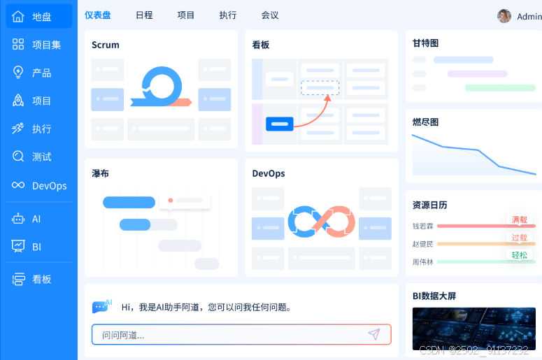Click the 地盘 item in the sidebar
pos(39,17)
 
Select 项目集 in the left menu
pos(39,45)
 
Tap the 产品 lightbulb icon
pos(19,73)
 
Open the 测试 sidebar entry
pos(39,157)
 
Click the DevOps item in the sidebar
pos(39,185)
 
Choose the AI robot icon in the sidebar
pos(19,219)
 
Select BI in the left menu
pos(39,247)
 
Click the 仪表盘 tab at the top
pos(97,15)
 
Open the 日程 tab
pos(144,15)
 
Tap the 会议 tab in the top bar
pos(269,15)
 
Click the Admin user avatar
pos(504,16)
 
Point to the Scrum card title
pos(106,45)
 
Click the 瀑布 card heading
pos(100,173)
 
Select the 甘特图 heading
pos(425,43)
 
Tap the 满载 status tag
pos(519,220)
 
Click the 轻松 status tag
pos(519,255)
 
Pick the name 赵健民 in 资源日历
pos(422,244)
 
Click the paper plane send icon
pos(374,334)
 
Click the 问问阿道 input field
pos(231,335)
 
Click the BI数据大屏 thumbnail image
pos(473,329)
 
